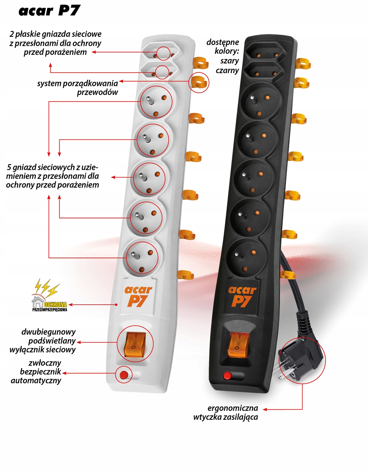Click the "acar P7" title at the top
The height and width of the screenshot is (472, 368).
coord(49,11)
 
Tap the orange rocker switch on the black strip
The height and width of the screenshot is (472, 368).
coord(238,345)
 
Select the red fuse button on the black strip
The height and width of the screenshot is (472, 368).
coord(227,375)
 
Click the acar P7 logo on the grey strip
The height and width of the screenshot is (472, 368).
coord(138,296)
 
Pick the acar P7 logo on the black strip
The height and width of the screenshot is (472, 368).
coord(242,296)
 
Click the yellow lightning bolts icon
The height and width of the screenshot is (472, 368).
coord(47,288)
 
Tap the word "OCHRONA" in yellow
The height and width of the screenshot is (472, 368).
coord(56,304)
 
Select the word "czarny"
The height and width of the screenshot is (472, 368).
coord(227,70)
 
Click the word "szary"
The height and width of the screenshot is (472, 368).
coord(230,61)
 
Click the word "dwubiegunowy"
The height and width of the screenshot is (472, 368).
coord(48,332)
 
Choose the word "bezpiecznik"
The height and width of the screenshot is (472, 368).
coord(41,372)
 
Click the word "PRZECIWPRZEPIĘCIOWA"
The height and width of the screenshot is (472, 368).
coord(50,310)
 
